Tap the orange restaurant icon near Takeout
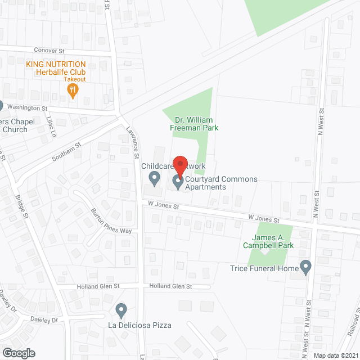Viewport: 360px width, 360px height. (x=73, y=91)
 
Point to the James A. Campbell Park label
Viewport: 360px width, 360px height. (x=268, y=241)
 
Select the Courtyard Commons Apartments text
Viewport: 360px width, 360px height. (x=221, y=183)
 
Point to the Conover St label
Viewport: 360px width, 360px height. (x=49, y=51)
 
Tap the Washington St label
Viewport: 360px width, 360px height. (x=28, y=107)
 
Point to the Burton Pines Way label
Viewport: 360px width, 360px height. (x=111, y=222)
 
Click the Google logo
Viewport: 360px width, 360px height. (x=18, y=353)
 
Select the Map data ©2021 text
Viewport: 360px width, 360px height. (x=336, y=355)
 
